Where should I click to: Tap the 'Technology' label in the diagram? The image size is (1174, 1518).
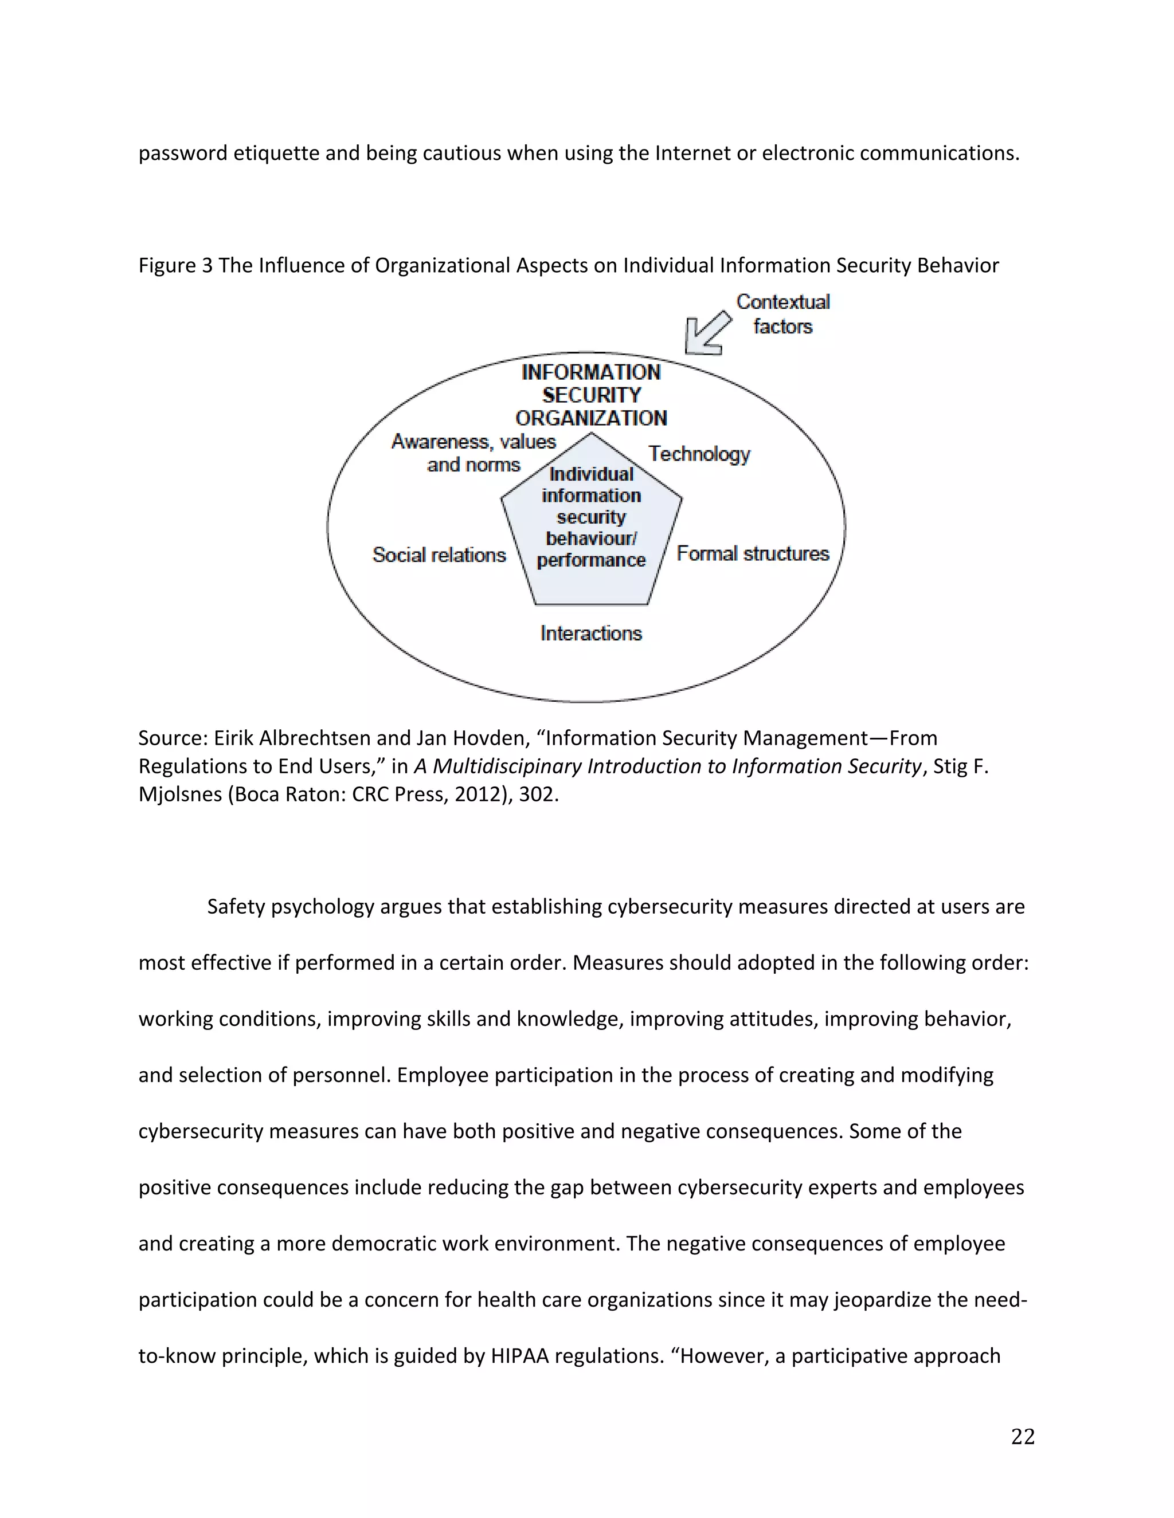point(699,454)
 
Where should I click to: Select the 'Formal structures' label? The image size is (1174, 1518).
point(753,553)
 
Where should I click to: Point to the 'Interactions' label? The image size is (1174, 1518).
point(590,633)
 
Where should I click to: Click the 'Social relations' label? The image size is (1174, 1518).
point(439,554)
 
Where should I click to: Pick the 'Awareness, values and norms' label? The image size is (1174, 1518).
point(473,453)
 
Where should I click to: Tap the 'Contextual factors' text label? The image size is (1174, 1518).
point(782,313)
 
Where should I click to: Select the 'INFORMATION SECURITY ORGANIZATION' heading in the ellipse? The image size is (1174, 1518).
point(591,395)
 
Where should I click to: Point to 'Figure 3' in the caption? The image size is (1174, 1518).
point(175,266)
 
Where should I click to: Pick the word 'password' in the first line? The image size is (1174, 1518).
point(182,153)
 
